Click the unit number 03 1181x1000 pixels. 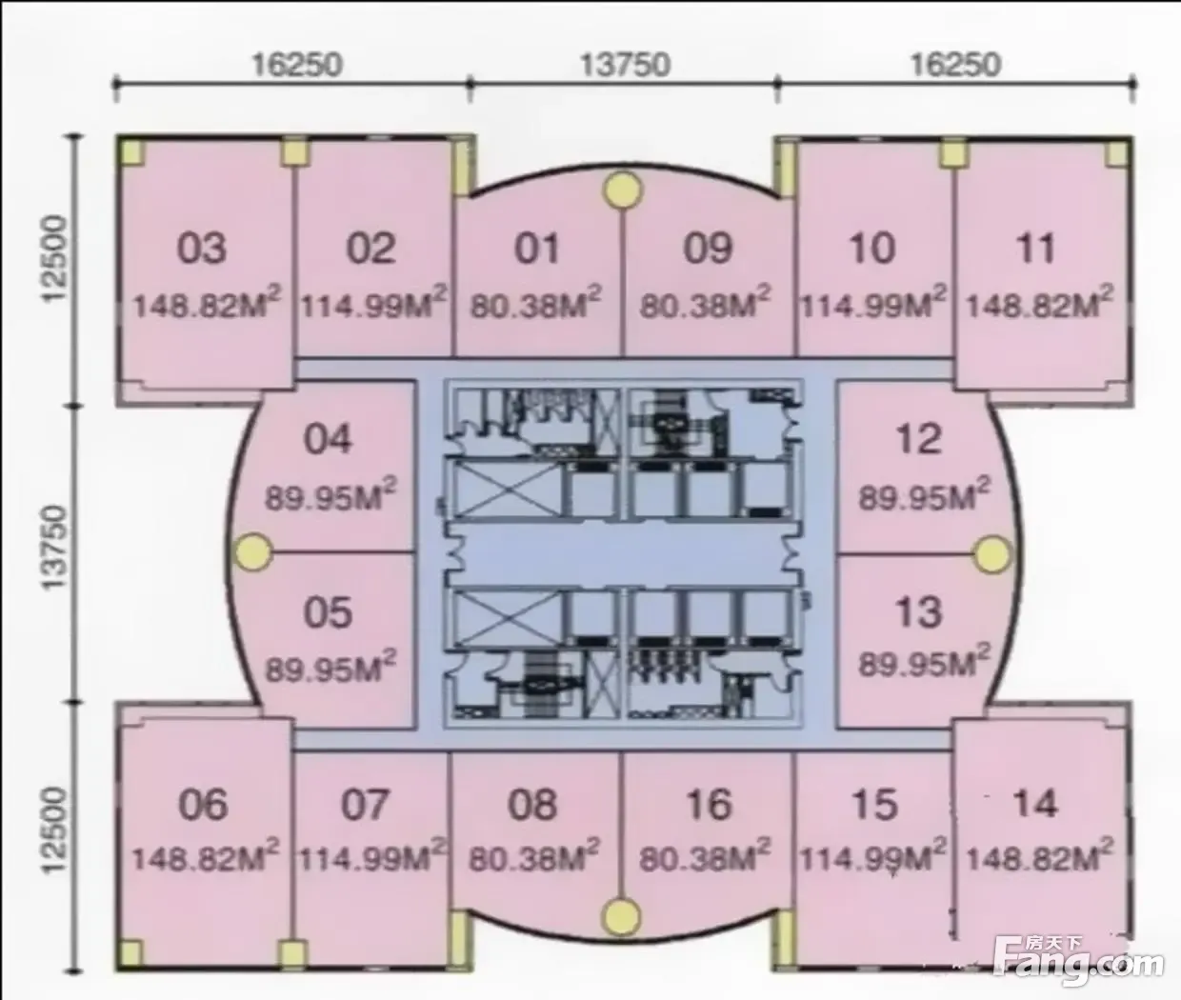pyautogui.click(x=201, y=248)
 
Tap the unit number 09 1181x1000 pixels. pyautogui.click(x=708, y=248)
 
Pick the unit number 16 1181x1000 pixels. pyautogui.click(x=709, y=804)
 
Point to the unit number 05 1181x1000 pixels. pyautogui.click(x=328, y=612)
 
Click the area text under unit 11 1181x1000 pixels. pyautogui.click(x=1040, y=304)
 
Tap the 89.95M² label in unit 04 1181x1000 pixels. pyautogui.click(x=330, y=495)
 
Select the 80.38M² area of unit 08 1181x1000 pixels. pyautogui.click(x=534, y=856)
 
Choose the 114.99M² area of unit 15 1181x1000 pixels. pyautogui.click(x=871, y=856)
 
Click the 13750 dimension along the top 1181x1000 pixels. pyautogui.click(x=625, y=65)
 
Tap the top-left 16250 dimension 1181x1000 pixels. pyautogui.click(x=297, y=65)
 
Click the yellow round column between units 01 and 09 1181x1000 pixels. pyautogui.click(x=623, y=190)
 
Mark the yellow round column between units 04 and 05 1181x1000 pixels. pyautogui.click(x=253, y=552)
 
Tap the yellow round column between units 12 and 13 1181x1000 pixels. pyautogui.click(x=993, y=554)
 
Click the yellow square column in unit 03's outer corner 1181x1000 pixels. pyautogui.click(x=132, y=153)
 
